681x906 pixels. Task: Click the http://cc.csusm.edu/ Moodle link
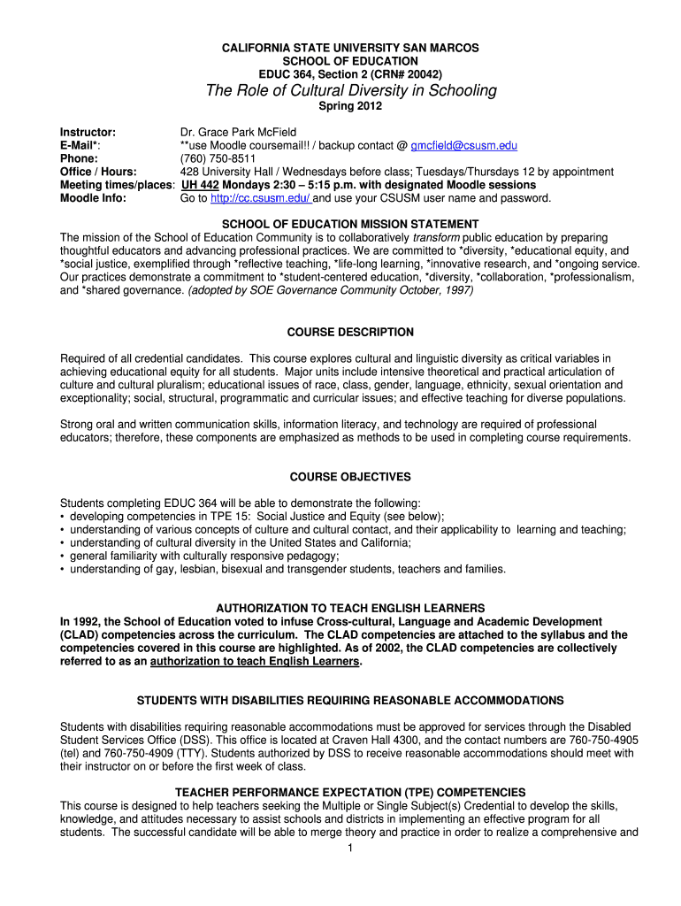click(256, 198)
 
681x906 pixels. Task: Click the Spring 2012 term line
click(351, 107)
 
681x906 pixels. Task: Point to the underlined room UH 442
click(200, 185)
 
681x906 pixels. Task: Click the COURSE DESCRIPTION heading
click(351, 332)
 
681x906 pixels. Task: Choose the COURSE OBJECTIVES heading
click(351, 477)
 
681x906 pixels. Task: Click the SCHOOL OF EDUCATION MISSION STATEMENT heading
click(351, 224)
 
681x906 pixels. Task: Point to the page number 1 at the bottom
click(351, 848)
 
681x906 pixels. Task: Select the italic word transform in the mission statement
click(436, 237)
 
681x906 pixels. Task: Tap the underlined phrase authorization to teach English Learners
click(256, 661)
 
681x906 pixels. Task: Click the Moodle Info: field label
click(93, 198)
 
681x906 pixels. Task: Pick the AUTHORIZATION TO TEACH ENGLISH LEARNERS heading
click(351, 608)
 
